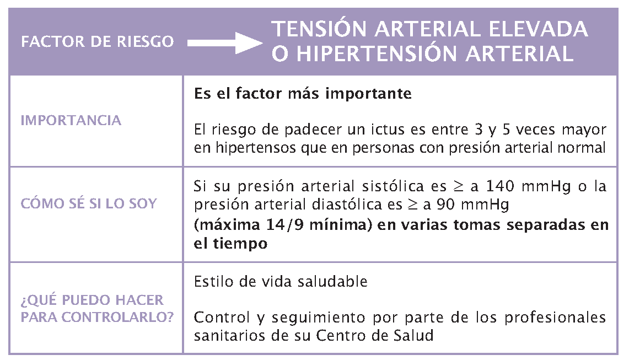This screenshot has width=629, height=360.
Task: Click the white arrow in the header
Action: tap(225, 43)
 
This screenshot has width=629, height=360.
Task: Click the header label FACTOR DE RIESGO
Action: tap(98, 42)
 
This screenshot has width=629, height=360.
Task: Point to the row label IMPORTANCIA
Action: tap(71, 120)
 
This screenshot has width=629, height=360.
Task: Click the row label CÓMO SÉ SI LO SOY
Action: tap(89, 203)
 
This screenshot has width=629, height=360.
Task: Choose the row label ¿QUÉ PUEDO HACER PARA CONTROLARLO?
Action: tap(97, 308)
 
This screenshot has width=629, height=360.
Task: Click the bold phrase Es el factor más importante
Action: tap(303, 94)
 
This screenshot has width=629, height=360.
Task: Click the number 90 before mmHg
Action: tap(445, 205)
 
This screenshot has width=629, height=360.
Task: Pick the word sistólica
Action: tap(393, 186)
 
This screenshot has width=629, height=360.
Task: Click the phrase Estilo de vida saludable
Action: tap(281, 282)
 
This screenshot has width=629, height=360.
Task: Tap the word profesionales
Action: tap(555, 318)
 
